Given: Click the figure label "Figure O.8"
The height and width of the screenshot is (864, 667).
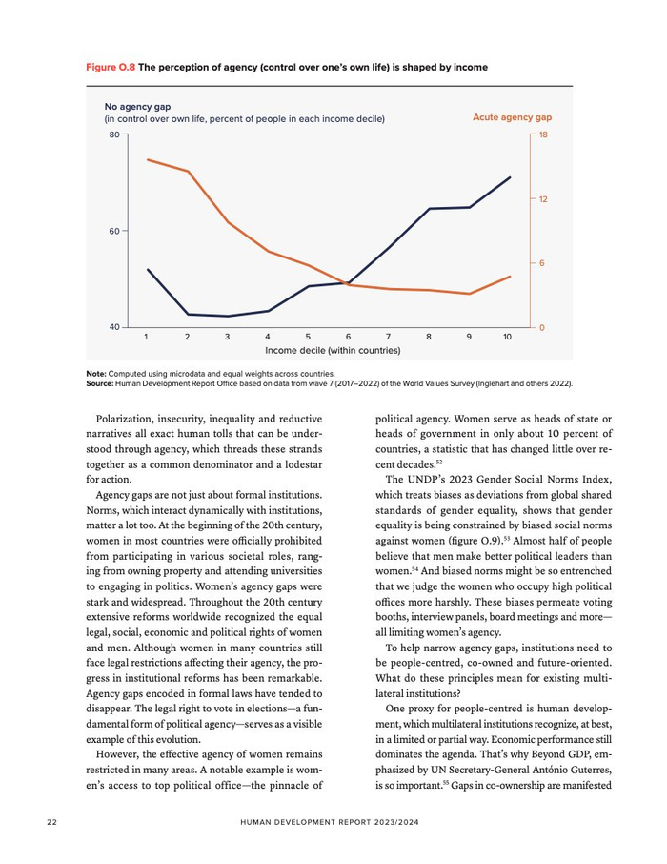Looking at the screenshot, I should tap(111, 68).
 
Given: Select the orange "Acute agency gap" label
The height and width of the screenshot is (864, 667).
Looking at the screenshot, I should tap(512, 117).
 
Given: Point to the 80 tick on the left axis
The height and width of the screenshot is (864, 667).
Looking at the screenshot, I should tap(113, 135).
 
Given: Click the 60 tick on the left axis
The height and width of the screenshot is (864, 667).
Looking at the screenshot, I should tap(113, 232).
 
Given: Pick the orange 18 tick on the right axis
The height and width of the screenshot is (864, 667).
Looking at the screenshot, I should tap(543, 135).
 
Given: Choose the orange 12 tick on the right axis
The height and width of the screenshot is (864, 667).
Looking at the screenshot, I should tap(543, 199).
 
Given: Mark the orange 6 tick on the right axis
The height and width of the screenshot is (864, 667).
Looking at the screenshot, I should tap(541, 263).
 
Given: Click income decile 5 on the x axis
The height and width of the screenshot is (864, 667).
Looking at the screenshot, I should tap(308, 338).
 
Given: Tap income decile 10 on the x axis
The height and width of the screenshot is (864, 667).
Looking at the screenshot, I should tap(508, 338).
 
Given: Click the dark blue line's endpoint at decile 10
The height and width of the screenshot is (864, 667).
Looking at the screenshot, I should tap(510, 177).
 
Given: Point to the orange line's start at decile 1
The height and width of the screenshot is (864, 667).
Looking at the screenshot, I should tap(147, 159).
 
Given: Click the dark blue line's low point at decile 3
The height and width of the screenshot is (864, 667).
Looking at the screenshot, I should tap(228, 316).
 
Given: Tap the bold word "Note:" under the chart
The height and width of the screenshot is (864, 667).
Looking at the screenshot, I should tap(96, 374).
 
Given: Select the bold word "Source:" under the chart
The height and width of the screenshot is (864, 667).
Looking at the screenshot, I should tap(100, 382).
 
